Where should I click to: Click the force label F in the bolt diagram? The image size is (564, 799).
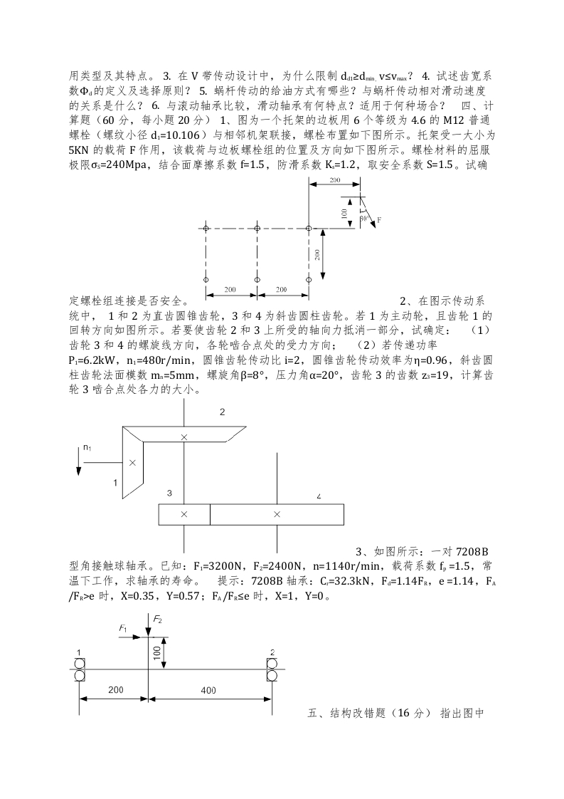[379, 221]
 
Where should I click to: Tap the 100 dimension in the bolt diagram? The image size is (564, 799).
[345, 212]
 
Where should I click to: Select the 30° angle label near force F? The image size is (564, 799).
[365, 218]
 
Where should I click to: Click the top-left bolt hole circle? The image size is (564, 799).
[206, 229]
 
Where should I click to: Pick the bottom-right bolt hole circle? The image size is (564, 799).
[309, 279]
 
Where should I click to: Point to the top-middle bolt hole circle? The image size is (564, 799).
[257, 229]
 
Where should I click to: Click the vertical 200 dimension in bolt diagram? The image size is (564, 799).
[318, 254]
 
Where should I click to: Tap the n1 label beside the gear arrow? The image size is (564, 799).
[87, 447]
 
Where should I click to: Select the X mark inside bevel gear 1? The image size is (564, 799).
[132, 462]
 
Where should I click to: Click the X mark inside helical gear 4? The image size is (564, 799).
[277, 513]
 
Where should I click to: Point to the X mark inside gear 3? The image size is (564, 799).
[184, 513]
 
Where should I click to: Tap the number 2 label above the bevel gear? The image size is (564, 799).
[222, 412]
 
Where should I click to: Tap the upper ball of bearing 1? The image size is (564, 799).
[79, 662]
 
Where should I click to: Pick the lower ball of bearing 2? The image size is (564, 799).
[272, 674]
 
